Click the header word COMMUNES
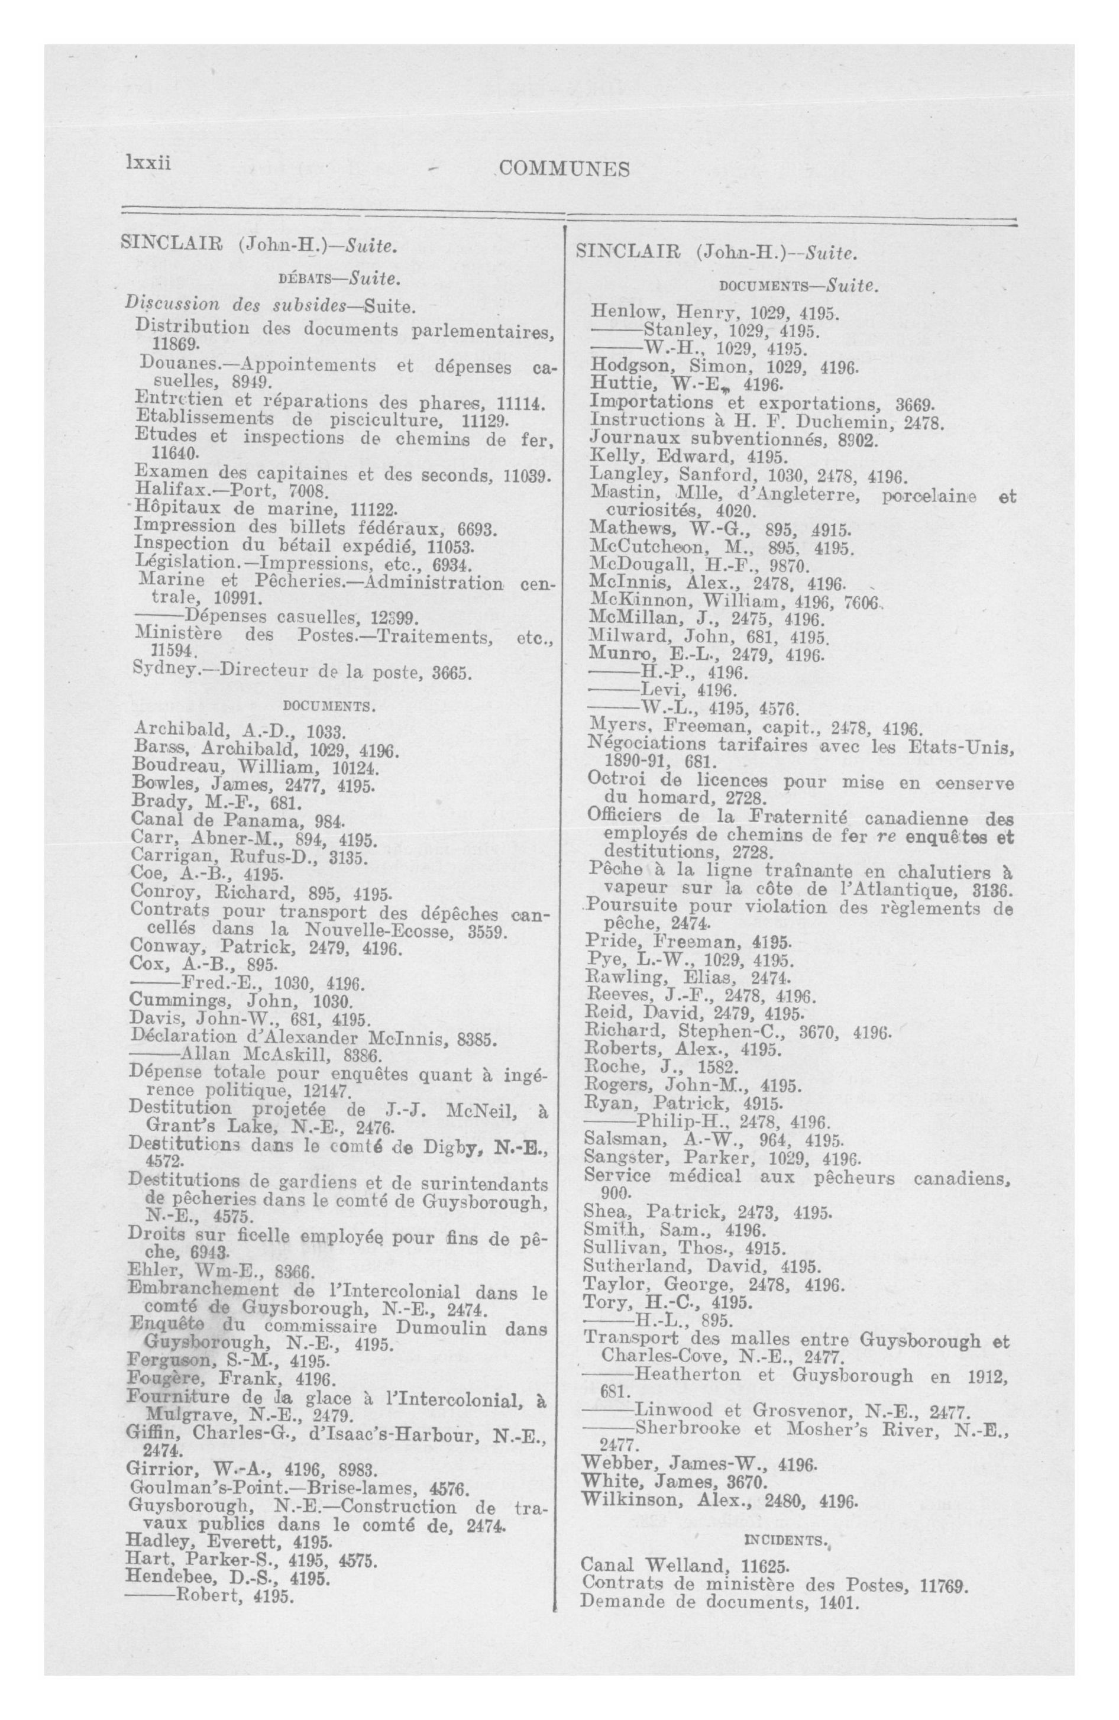pyautogui.click(x=564, y=169)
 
